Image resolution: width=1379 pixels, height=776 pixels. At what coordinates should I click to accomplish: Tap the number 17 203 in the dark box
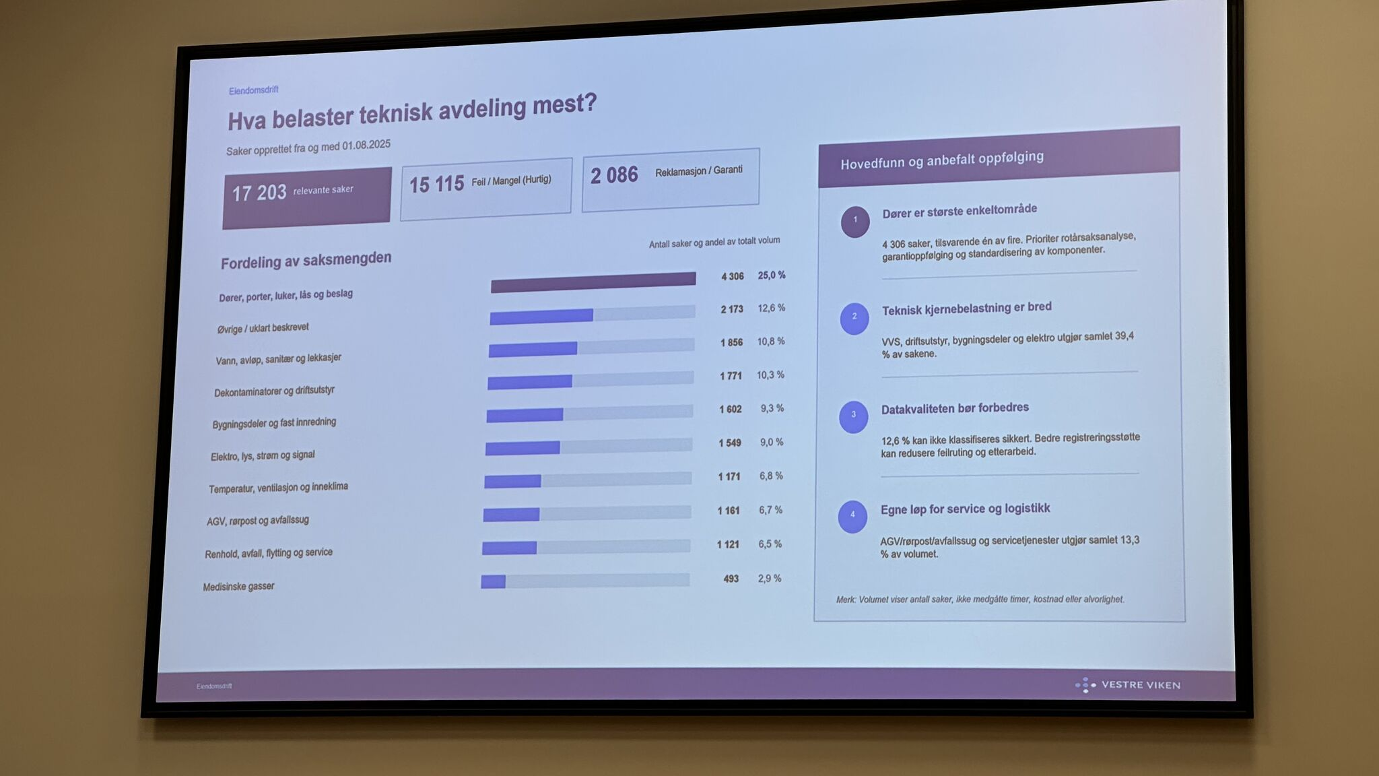pyautogui.click(x=259, y=193)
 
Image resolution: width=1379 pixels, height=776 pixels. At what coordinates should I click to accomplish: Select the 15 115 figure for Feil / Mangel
pyautogui.click(x=436, y=184)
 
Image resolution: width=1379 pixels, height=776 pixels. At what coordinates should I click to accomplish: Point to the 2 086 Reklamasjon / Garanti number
pyautogui.click(x=614, y=175)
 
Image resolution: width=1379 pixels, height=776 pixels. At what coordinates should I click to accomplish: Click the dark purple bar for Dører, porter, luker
pyautogui.click(x=593, y=282)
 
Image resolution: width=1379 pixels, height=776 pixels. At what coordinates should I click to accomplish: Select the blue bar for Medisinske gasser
pyautogui.click(x=493, y=581)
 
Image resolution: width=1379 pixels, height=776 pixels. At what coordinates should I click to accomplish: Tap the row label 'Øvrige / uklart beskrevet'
pyautogui.click(x=263, y=328)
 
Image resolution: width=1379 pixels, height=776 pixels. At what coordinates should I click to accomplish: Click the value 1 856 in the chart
pyautogui.click(x=731, y=342)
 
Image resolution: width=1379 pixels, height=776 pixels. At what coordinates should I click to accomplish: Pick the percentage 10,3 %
pyautogui.click(x=770, y=375)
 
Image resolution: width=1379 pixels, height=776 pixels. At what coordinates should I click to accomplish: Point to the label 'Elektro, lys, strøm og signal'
pyautogui.click(x=263, y=456)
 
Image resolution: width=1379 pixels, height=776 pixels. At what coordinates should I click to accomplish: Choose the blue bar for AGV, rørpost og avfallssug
pyautogui.click(x=511, y=515)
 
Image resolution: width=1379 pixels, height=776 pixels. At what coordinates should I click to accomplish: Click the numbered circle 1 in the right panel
pyautogui.click(x=855, y=221)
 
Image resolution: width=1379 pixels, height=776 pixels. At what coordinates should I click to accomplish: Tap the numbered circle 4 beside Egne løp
pyautogui.click(x=852, y=516)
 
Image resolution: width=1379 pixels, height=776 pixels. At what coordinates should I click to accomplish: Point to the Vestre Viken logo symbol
pyautogui.click(x=1085, y=685)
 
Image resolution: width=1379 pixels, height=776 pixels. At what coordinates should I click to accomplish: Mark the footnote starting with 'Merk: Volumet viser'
pyautogui.click(x=980, y=599)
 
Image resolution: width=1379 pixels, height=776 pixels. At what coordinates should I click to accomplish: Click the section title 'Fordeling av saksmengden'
pyautogui.click(x=306, y=260)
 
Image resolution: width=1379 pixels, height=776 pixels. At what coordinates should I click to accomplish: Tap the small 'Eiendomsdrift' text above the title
pyautogui.click(x=253, y=90)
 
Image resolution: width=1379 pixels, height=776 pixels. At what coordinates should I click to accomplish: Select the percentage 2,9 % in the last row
pyautogui.click(x=770, y=579)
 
